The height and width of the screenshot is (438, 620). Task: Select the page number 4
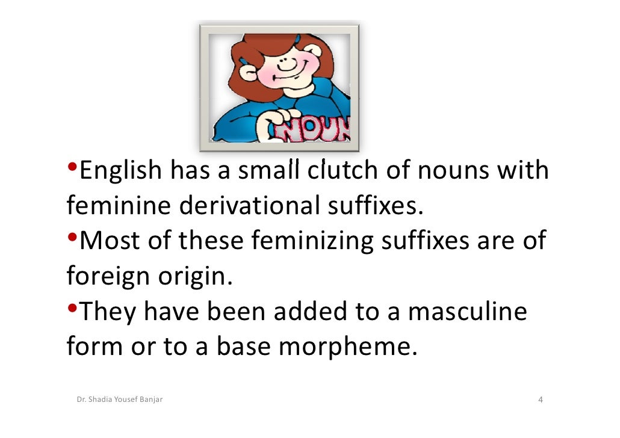click(x=540, y=400)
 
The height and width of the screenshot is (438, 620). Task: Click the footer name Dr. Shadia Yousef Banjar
click(x=120, y=399)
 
